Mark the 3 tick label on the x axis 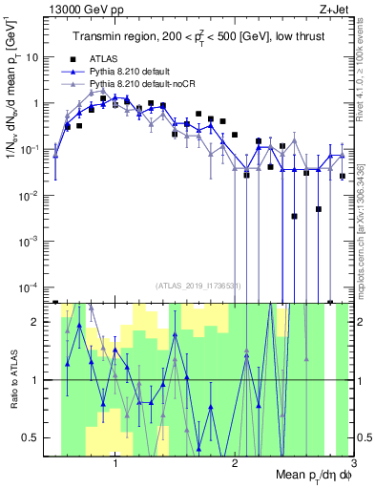pyautogui.click(x=353, y=461)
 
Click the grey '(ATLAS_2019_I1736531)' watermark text pyautogui.click(x=200, y=286)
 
